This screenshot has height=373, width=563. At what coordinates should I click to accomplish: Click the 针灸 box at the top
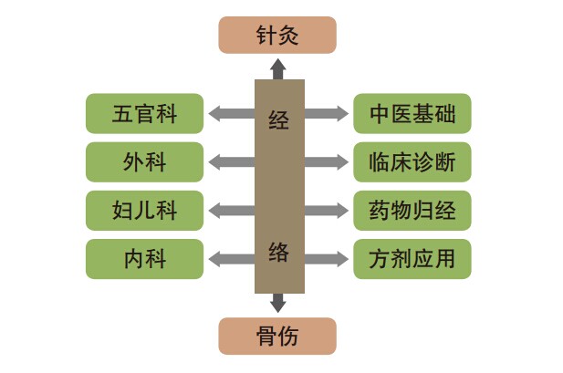[x=277, y=36]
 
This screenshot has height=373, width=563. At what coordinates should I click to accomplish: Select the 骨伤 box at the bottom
[x=277, y=336]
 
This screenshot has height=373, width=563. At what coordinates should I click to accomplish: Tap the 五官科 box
[x=144, y=114]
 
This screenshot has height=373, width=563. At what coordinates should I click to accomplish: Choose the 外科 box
[x=144, y=162]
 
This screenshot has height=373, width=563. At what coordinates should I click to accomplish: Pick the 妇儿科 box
[x=144, y=211]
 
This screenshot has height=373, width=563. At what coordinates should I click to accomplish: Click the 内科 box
[x=144, y=259]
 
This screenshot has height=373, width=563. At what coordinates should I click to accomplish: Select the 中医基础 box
[x=412, y=114]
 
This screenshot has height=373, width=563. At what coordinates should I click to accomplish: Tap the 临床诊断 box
[x=412, y=162]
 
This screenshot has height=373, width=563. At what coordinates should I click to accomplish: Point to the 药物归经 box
[x=412, y=211]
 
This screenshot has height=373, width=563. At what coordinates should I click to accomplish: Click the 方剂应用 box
[x=412, y=259]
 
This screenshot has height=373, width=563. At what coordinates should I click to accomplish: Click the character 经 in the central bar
[x=278, y=119]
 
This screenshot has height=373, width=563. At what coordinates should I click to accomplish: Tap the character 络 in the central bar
[x=278, y=252]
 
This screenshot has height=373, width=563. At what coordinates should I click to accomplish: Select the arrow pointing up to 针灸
[x=278, y=67]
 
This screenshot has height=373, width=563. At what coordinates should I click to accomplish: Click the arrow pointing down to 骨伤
[x=278, y=303]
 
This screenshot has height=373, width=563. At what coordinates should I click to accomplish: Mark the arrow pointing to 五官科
[x=230, y=114]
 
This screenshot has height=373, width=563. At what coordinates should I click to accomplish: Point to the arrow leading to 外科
[x=230, y=162]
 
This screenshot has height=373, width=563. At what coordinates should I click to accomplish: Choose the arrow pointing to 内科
[x=230, y=259]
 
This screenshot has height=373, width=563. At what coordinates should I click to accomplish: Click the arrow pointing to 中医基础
[x=327, y=114]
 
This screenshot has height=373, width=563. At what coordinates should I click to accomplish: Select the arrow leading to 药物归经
[x=327, y=211]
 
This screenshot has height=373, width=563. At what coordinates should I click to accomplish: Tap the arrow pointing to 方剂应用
[x=327, y=259]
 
